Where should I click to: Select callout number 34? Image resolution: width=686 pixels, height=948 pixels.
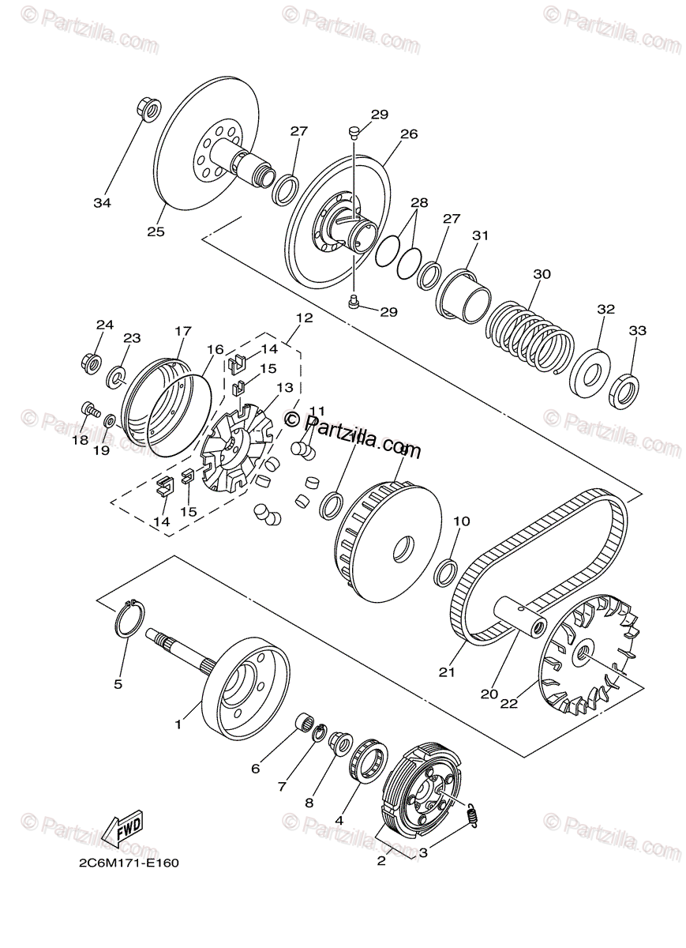pos(102,202)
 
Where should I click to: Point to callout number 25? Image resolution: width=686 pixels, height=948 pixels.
pos(155,231)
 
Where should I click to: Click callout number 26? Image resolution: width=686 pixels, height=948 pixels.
pos(408,134)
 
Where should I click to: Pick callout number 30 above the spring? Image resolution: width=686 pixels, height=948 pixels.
pos(542,274)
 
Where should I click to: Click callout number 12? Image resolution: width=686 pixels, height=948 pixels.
pos(305,318)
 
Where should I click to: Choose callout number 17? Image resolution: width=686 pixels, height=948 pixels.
pos(183,331)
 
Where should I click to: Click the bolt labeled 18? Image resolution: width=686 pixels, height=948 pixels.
pos(88,410)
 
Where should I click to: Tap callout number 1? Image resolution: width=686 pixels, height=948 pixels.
pos(178,723)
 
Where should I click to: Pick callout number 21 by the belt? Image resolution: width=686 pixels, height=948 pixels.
pos(448,673)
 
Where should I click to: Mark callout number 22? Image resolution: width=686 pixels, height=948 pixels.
pos(508,704)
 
